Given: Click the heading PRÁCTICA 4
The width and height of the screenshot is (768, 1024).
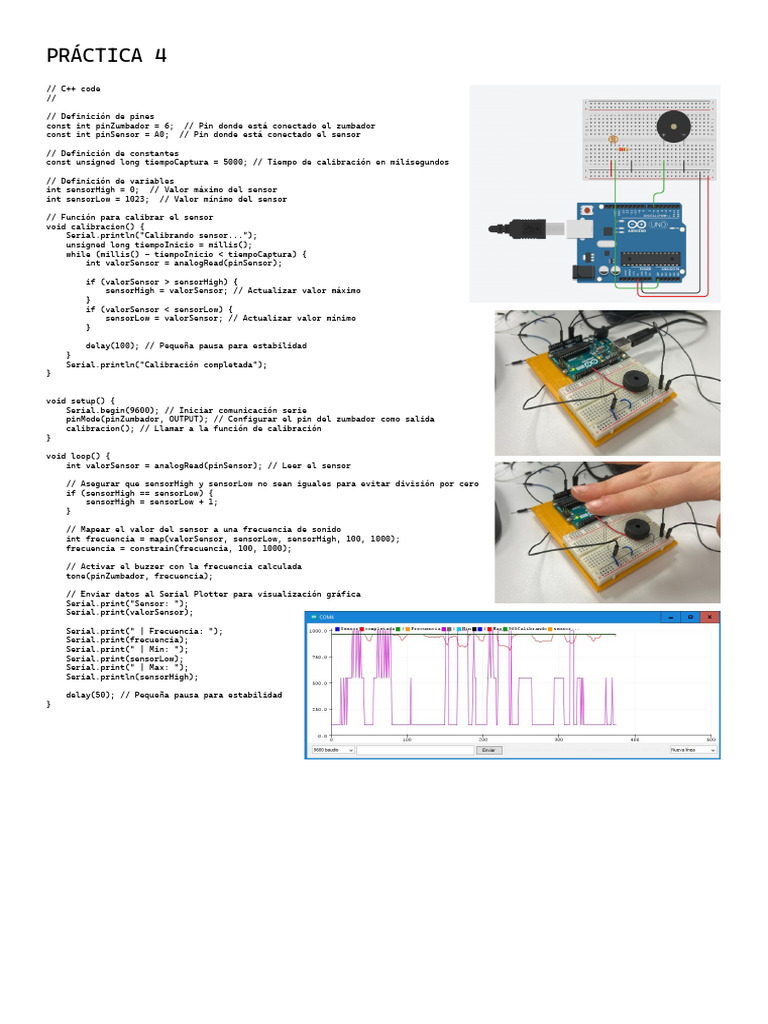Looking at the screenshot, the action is tap(107, 56).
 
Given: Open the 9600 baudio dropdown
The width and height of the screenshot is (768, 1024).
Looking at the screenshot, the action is tap(332, 749).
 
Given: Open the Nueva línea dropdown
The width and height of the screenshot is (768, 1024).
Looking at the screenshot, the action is tap(693, 749).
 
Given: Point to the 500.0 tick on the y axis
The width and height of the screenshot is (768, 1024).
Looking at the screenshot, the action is tap(318, 683).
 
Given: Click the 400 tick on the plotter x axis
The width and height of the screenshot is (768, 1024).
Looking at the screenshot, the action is tap(634, 740).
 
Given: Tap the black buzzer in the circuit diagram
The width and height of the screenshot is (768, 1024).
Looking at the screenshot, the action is tap(672, 126).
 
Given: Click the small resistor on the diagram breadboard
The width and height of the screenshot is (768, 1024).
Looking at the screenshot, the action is tap(622, 151).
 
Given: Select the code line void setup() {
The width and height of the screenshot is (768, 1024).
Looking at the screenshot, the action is tap(81, 400).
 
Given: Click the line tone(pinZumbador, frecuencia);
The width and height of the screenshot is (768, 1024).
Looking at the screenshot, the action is tap(139, 576).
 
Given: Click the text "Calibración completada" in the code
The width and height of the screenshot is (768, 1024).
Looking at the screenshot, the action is tap(208, 364).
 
